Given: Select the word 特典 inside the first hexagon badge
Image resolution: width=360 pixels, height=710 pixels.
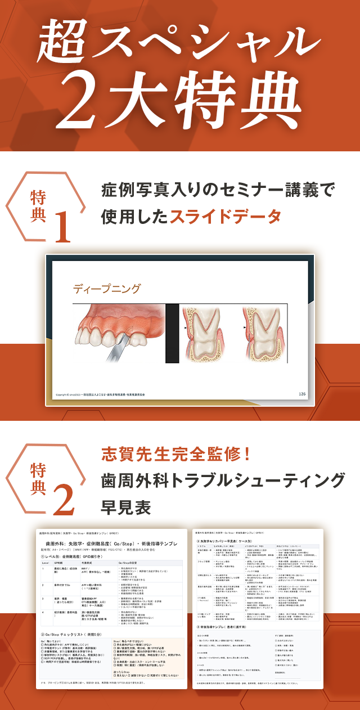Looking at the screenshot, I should [x=38, y=206].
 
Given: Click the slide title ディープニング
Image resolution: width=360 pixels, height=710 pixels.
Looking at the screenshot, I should [x=106, y=289].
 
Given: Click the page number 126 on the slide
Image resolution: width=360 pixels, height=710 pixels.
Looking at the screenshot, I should [x=302, y=394].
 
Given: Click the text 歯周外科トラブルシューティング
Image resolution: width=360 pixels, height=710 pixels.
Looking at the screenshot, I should [x=223, y=480].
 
